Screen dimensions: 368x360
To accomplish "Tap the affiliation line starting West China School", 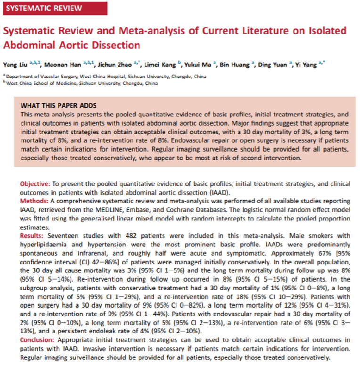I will (82, 83).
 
